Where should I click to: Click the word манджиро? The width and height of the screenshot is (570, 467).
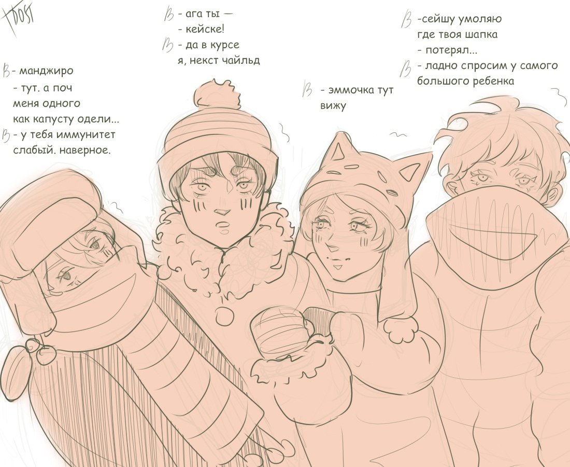coord(46,71)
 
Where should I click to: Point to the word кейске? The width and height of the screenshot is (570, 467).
coord(205,29)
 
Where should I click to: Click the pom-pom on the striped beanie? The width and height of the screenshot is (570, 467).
coord(217,94)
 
